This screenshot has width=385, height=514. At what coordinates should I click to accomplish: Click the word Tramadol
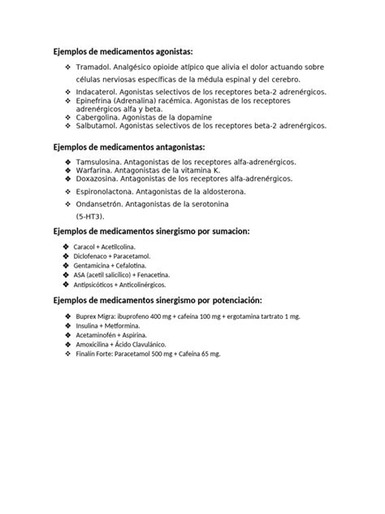[x=96, y=66]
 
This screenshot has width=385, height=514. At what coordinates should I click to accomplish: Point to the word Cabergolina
[x=101, y=117]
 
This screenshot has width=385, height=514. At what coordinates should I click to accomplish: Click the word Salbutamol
[x=99, y=126]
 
